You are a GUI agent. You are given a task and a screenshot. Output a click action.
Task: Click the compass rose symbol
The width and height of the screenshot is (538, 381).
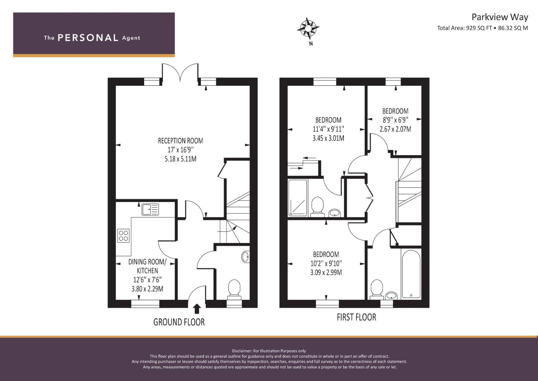point(308,28)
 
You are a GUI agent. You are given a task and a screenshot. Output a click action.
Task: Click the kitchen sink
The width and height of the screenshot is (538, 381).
point(150,209)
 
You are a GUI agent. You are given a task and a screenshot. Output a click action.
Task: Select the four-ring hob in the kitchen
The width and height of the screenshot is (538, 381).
point(123,235)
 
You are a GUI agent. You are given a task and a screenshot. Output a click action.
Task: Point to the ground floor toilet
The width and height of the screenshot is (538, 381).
point(234,288)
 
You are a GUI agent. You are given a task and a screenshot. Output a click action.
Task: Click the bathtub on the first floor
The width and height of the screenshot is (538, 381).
point(410,274)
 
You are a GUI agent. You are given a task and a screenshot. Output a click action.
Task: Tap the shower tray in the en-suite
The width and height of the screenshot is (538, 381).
point(298,198)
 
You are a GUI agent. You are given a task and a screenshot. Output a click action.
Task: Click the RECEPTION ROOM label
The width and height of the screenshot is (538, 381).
point(180,141)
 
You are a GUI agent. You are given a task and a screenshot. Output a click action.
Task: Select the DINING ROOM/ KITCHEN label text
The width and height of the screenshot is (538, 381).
point(147,266)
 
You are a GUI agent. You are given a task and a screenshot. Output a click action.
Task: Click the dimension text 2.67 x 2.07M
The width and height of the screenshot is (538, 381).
point(395,129)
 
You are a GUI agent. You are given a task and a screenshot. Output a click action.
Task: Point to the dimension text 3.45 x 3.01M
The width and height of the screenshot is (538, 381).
point(328,138)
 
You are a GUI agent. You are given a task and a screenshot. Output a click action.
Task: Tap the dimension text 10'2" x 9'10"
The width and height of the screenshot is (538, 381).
point(326,264)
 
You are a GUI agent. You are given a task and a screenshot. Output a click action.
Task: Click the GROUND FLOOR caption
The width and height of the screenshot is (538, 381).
point(179,322)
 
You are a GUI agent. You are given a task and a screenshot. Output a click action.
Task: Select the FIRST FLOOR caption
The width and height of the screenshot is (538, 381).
point(356,317)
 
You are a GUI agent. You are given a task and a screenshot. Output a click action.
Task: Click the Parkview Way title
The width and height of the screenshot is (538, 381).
point(500,17)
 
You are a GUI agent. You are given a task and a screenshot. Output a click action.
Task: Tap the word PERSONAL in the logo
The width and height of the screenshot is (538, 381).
point(88,38)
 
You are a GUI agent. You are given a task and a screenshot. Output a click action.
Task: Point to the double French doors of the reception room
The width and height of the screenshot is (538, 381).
point(180,72)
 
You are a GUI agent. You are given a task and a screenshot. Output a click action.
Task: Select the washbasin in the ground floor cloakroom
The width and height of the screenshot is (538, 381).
point(246,256)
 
